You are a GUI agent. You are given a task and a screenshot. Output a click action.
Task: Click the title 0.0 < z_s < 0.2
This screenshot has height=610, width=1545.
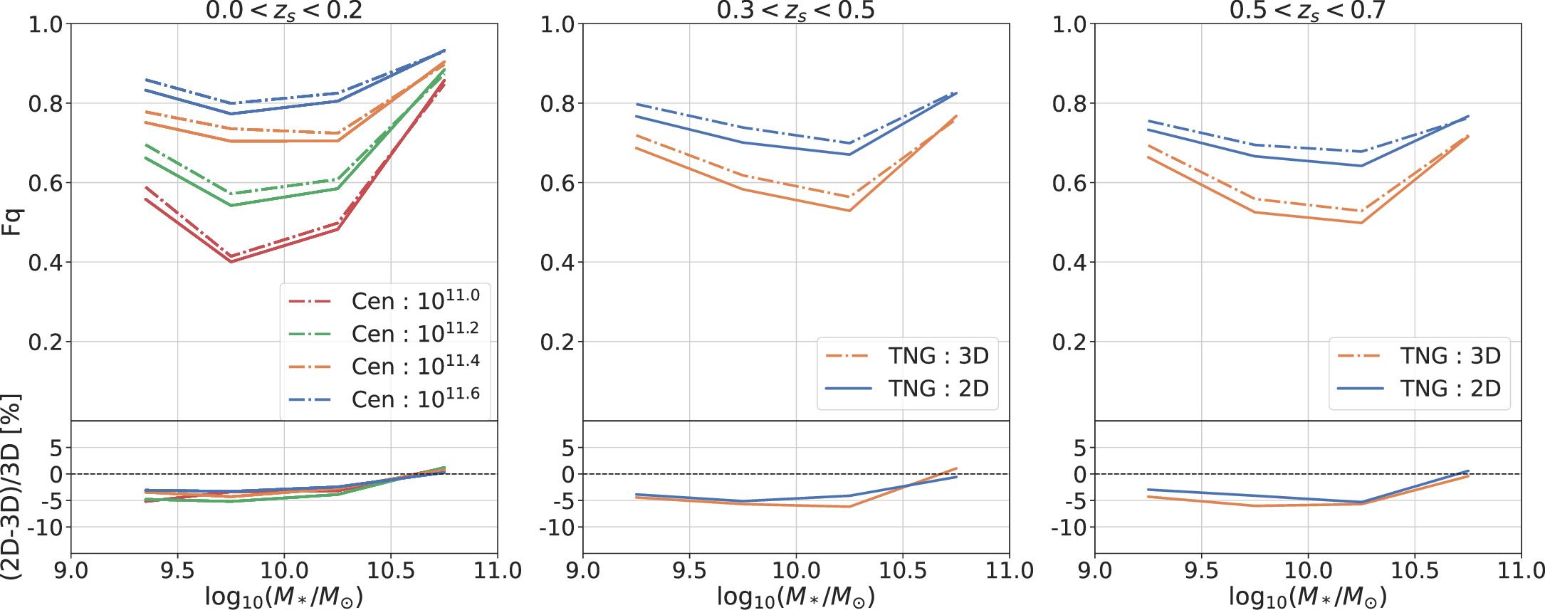point(284,11)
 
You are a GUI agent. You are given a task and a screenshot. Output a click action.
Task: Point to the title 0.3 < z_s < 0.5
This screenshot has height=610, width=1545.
point(795,11)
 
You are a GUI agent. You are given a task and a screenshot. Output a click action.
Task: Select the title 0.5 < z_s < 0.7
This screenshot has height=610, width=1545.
point(1307,11)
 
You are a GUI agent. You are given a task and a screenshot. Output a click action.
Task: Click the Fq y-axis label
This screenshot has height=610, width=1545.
point(13,222)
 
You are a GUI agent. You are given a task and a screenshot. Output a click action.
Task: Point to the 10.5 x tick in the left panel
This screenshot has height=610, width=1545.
point(390,570)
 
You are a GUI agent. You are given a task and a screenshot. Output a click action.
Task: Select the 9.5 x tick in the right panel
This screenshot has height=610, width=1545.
point(1201,570)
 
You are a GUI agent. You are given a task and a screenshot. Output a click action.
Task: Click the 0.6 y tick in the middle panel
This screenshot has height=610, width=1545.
point(557,183)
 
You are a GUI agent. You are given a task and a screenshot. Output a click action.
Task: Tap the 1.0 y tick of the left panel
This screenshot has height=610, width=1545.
point(46,24)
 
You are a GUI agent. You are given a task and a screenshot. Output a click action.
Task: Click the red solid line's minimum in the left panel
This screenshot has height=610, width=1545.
point(231,261)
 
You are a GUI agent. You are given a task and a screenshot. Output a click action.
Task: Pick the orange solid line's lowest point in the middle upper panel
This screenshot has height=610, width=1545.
point(849,211)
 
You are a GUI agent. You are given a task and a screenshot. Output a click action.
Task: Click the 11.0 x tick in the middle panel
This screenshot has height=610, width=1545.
point(1010,570)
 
